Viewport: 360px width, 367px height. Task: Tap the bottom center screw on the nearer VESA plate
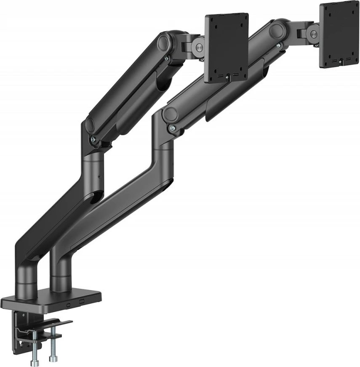[x=227, y=77]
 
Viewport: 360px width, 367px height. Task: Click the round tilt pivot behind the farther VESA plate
[x=312, y=33]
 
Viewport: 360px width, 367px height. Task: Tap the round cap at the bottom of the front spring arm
[x=90, y=125]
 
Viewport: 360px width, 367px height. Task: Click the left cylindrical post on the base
[x=26, y=280]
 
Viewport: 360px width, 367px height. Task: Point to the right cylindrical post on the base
[x=60, y=274]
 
